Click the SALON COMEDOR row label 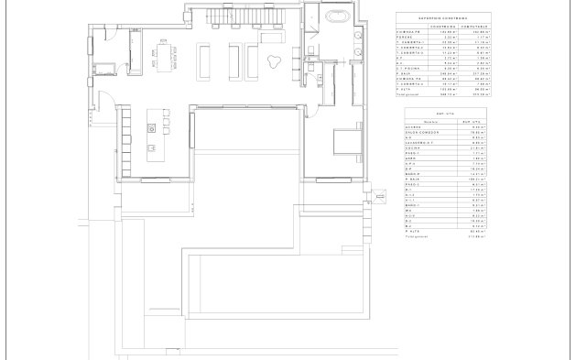click(x=423, y=132)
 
